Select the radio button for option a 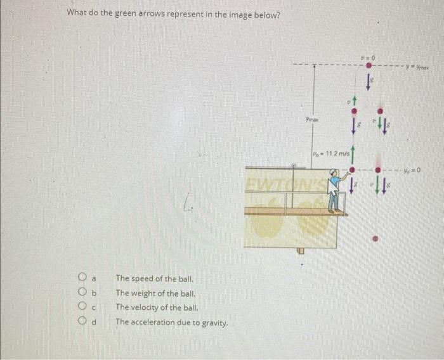click(82, 278)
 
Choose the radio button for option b click(82, 293)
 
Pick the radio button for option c click(82, 307)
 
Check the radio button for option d click(82, 322)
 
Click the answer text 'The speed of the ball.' click(154, 278)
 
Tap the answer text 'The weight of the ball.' click(155, 293)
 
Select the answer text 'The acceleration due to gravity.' click(171, 323)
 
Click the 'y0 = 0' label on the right click(419, 170)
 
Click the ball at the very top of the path click(368, 66)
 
